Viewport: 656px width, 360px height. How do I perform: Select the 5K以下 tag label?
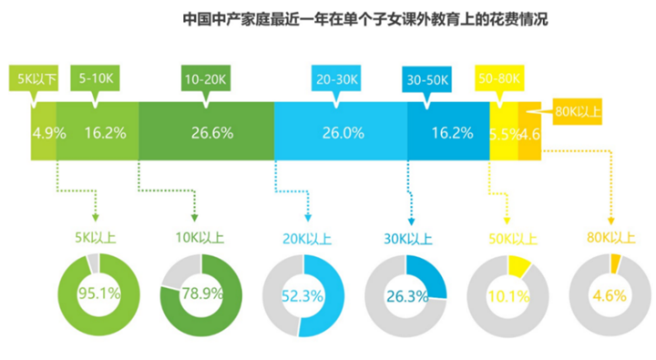(x=33, y=79)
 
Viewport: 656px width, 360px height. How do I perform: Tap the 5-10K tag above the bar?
(x=96, y=79)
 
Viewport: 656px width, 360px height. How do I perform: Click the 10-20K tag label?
(x=204, y=79)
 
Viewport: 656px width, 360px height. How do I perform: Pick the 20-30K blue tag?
(x=335, y=79)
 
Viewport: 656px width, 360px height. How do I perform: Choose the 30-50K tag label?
(x=426, y=79)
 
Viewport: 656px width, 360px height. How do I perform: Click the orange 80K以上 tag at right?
(x=578, y=112)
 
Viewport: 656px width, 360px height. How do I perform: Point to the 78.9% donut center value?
(x=201, y=295)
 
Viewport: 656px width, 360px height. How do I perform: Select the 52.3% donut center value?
(x=303, y=295)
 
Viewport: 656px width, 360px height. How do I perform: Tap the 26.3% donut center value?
(x=406, y=295)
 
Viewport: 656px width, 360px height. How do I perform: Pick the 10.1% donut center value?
(x=507, y=295)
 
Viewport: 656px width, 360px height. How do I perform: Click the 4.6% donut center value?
(x=610, y=295)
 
